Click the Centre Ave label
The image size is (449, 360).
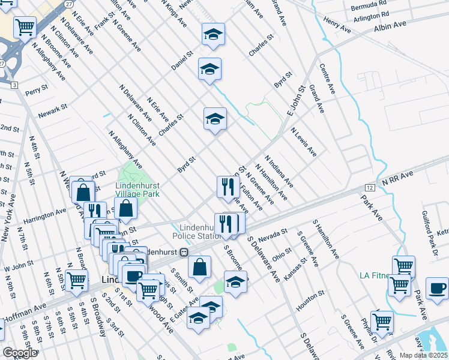327,79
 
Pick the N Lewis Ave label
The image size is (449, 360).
304,142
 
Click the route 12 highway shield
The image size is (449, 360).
370,188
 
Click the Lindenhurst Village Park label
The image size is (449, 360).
137,190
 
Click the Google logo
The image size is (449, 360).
20,353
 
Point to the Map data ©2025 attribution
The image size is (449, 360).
423,355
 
